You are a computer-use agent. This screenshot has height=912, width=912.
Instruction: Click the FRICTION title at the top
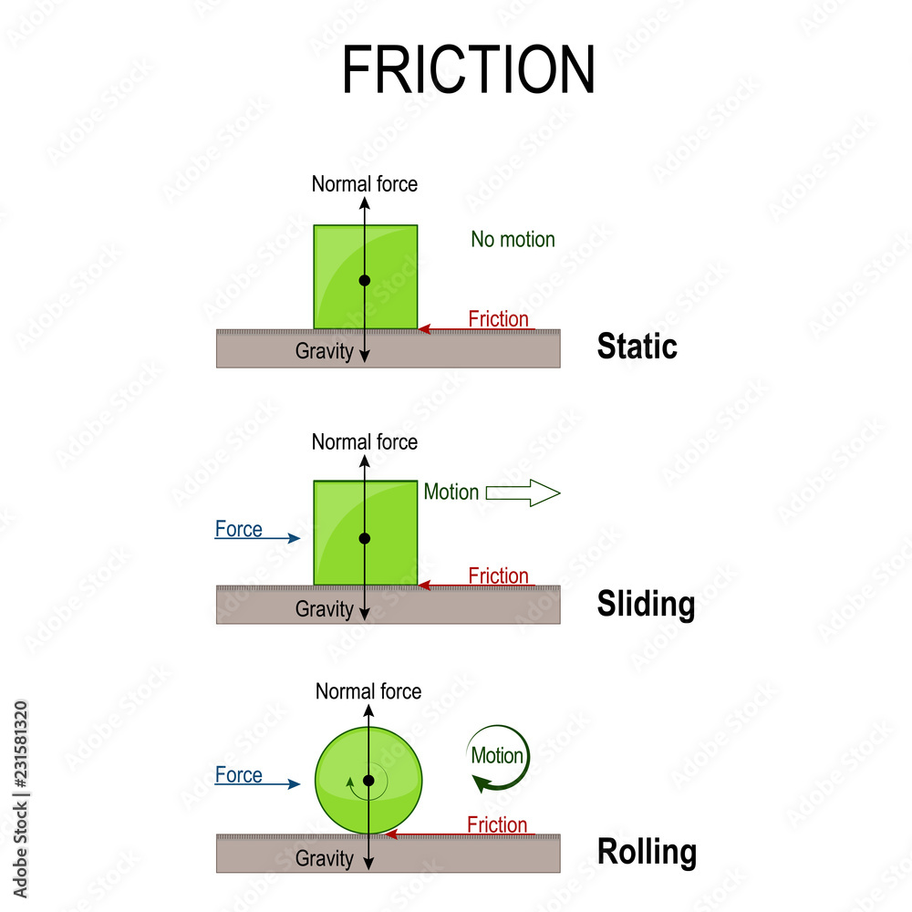(x=468, y=70)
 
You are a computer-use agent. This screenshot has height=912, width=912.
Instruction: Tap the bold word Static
(x=637, y=347)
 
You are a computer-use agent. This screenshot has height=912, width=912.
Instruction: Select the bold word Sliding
(x=646, y=604)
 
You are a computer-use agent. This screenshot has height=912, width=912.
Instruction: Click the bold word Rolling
(x=647, y=852)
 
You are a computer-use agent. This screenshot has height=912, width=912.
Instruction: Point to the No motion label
(x=513, y=239)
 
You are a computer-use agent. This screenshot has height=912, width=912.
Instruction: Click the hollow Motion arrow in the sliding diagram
(x=523, y=493)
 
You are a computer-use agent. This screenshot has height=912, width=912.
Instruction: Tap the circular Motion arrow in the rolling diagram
(x=497, y=757)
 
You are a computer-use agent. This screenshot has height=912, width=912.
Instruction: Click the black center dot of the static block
(x=365, y=280)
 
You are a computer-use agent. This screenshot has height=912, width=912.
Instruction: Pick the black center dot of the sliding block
(x=365, y=538)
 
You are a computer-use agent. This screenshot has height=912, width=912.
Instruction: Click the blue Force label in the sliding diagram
(x=239, y=529)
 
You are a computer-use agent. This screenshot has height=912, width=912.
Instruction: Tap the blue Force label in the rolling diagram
(x=239, y=775)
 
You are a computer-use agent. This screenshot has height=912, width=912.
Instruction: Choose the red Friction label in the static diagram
(x=498, y=318)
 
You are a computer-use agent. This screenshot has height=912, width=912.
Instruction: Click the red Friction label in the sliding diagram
(x=498, y=575)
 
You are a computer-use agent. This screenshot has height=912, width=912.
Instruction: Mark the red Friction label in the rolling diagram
(x=497, y=824)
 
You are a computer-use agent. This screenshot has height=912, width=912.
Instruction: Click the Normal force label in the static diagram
(x=365, y=183)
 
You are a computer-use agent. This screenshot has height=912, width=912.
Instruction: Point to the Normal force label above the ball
(x=368, y=691)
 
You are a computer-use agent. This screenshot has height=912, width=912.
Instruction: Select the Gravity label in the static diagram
(x=324, y=351)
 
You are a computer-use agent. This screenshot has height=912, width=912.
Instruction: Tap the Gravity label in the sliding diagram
(x=324, y=609)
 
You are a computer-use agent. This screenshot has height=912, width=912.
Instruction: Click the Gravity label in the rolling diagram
(x=324, y=858)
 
